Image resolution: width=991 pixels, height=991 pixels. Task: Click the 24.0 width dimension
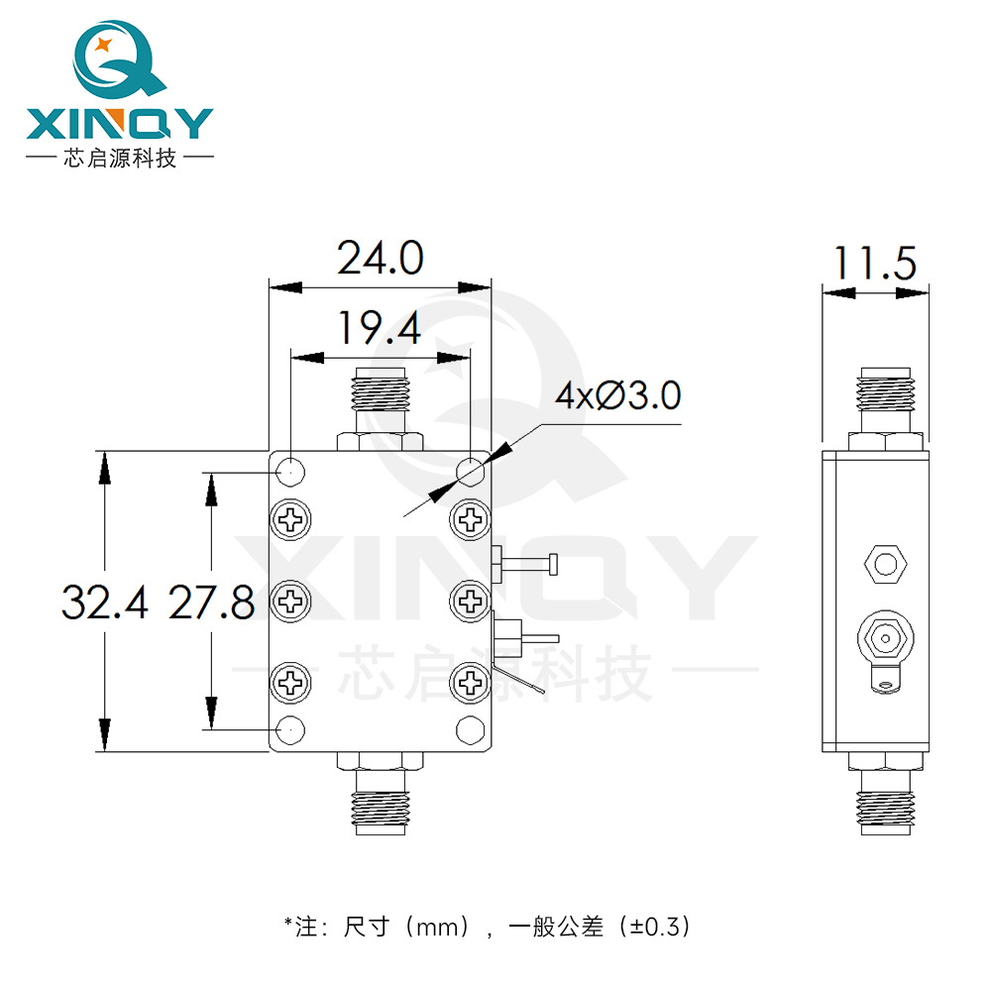(381, 259)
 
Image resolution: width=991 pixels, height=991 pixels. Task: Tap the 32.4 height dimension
(105, 602)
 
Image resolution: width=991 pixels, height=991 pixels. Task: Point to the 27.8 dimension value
(211, 602)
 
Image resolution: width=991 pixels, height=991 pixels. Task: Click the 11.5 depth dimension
(875, 265)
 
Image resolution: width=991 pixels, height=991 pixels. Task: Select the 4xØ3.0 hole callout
(617, 397)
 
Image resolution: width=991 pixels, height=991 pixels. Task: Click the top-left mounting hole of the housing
(291, 471)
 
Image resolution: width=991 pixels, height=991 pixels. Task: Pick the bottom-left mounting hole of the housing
(291, 730)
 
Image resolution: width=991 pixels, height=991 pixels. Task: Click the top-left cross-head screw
(291, 518)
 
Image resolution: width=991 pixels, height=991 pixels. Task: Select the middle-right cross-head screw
(469, 599)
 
